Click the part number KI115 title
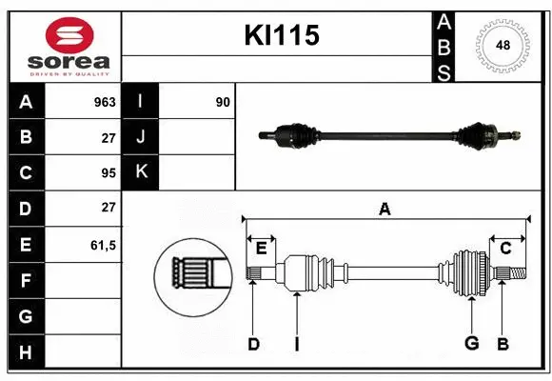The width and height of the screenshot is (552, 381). (x=282, y=36)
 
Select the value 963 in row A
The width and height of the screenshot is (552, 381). (x=105, y=102)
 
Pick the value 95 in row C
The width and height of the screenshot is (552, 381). (x=108, y=173)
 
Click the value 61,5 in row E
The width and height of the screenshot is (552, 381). (x=103, y=245)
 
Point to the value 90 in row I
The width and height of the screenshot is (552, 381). (x=223, y=102)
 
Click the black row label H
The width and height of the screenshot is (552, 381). (x=26, y=352)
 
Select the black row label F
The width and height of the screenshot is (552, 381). (x=26, y=281)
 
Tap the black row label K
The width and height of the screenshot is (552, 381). (x=141, y=172)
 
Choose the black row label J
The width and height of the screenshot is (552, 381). (x=141, y=137)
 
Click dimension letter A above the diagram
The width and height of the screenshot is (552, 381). (x=384, y=209)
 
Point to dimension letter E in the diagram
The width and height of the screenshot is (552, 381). (x=261, y=249)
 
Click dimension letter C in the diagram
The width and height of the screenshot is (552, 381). (x=505, y=249)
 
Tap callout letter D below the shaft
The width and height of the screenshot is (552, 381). (x=253, y=344)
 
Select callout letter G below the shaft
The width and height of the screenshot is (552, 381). (x=470, y=344)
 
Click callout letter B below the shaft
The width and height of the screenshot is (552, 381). (x=503, y=344)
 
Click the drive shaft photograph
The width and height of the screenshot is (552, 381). (x=390, y=135)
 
